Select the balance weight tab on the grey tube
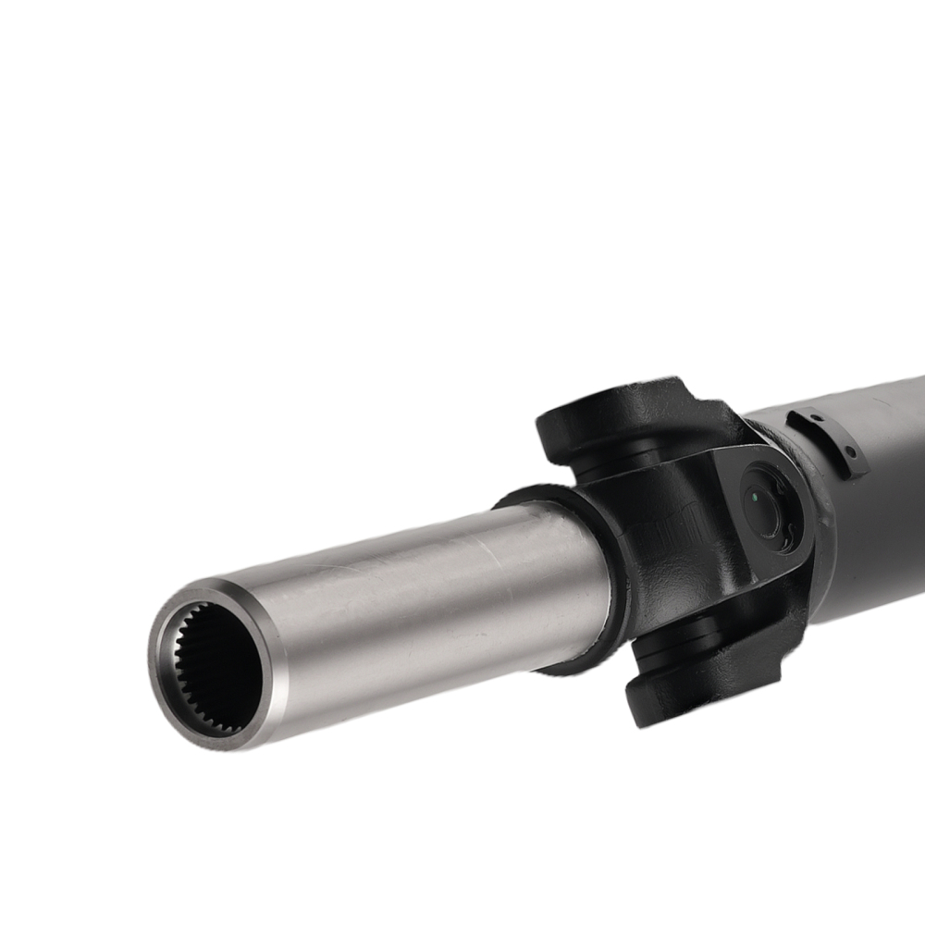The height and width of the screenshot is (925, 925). pos(828,439)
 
